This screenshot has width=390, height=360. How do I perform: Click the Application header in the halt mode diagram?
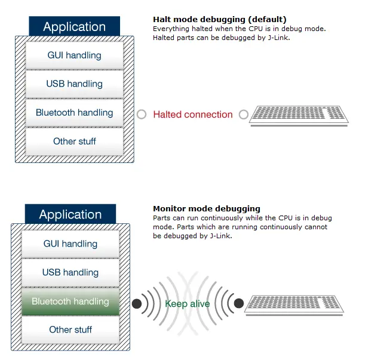click(x=74, y=27)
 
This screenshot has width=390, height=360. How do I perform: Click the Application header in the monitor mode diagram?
click(x=70, y=214)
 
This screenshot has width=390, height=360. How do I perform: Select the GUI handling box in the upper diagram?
click(x=74, y=56)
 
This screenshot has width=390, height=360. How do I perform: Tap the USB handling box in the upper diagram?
click(x=74, y=84)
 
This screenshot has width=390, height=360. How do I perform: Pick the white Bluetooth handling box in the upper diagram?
click(x=74, y=113)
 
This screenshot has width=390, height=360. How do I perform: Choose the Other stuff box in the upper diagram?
click(x=74, y=141)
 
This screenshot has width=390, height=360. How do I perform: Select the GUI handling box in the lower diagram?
click(x=70, y=244)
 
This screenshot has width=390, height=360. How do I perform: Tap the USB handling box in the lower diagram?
click(x=70, y=272)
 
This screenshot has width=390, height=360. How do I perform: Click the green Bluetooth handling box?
click(x=70, y=301)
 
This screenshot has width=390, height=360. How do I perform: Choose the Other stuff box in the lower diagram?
click(x=70, y=330)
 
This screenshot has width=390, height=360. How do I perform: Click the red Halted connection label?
click(x=193, y=115)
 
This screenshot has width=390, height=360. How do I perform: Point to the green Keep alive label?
click(x=188, y=304)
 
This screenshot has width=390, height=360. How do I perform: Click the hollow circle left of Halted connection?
click(x=142, y=115)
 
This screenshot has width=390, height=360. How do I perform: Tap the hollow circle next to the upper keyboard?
click(x=244, y=115)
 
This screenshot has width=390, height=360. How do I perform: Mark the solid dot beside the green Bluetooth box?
click(x=137, y=304)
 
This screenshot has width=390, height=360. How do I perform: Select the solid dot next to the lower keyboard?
click(x=239, y=304)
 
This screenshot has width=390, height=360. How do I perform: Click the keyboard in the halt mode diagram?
click(x=298, y=115)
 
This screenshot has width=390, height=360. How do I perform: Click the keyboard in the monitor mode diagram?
click(x=294, y=304)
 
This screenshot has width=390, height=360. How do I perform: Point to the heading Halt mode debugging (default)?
click(x=219, y=20)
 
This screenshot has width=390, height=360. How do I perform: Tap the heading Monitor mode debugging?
click(x=207, y=208)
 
